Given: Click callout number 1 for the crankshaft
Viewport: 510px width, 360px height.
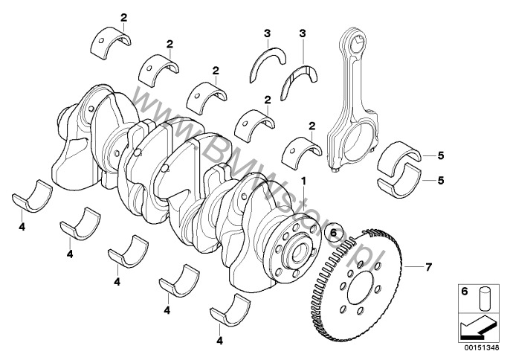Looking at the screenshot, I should (x=303, y=181).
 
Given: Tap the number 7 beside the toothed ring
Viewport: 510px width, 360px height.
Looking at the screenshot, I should (x=427, y=266).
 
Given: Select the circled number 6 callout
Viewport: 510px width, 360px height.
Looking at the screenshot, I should (x=333, y=232).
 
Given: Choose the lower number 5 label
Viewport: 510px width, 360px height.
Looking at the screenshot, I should (x=441, y=179).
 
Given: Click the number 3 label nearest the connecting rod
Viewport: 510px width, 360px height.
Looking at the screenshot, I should (x=303, y=34).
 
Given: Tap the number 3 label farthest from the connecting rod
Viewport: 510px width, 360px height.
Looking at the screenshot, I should (x=266, y=33).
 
